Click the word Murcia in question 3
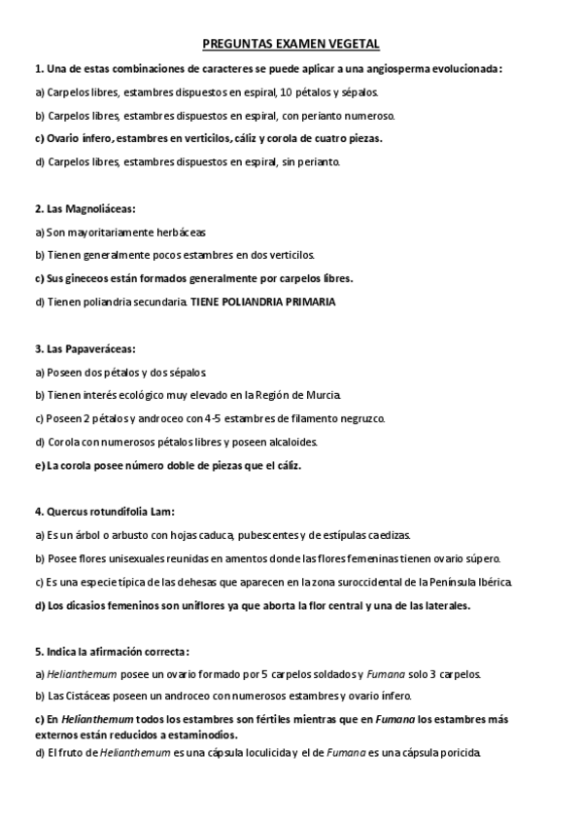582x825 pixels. pyautogui.click(x=322, y=395)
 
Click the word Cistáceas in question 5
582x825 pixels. pyautogui.click(x=86, y=696)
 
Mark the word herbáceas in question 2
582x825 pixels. pyautogui.click(x=179, y=232)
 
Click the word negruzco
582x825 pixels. pyautogui.click(x=359, y=418)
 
